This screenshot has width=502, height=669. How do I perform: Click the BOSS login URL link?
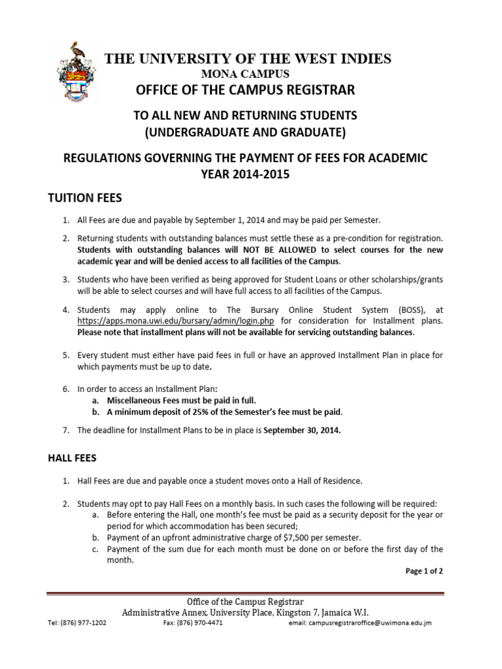[x=175, y=321]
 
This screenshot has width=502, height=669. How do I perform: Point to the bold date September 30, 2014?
[x=301, y=431]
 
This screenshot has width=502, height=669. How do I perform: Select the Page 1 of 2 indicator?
[x=424, y=570]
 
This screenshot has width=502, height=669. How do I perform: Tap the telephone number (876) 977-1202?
[x=76, y=623]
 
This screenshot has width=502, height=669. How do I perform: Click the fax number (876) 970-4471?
[x=193, y=623]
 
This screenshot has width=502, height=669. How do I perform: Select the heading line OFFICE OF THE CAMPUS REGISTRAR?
[x=246, y=89]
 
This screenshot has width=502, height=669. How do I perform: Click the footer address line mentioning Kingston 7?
[x=246, y=612]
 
